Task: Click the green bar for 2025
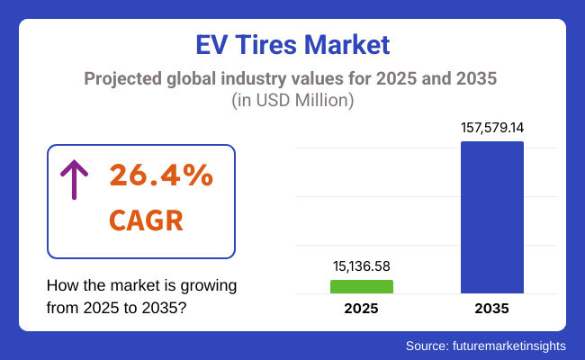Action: tap(362, 286)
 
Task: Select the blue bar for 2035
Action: tap(492, 217)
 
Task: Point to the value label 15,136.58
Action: tap(362, 266)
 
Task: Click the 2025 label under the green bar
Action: tap(362, 309)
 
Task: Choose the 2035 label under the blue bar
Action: tap(492, 309)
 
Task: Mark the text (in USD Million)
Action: tap(292, 101)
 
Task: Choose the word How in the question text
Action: tap(62, 287)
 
